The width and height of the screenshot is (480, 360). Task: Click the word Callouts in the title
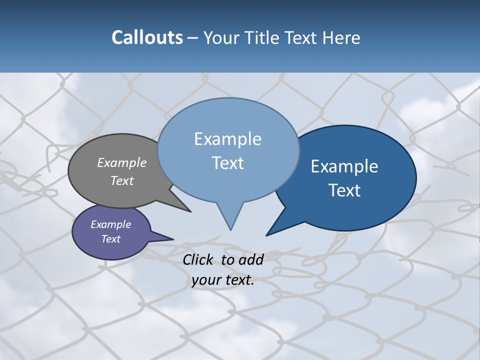point(147,37)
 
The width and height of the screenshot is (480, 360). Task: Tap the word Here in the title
point(342,37)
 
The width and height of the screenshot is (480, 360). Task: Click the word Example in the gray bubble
point(122,162)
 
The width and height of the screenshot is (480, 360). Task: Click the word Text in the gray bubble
point(122,180)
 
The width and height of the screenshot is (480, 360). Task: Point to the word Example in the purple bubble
point(110,224)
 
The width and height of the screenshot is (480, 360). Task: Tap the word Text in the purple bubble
point(110,239)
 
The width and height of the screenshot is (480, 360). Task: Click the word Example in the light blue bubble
point(227,139)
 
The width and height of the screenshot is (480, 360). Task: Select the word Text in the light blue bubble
point(227,163)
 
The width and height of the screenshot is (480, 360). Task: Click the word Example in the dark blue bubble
point(344,166)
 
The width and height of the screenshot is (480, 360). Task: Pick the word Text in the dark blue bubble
point(344,190)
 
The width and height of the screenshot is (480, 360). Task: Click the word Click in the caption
point(199,259)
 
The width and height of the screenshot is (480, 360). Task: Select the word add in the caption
point(251,259)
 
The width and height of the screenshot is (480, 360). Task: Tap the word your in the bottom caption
point(206,280)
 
